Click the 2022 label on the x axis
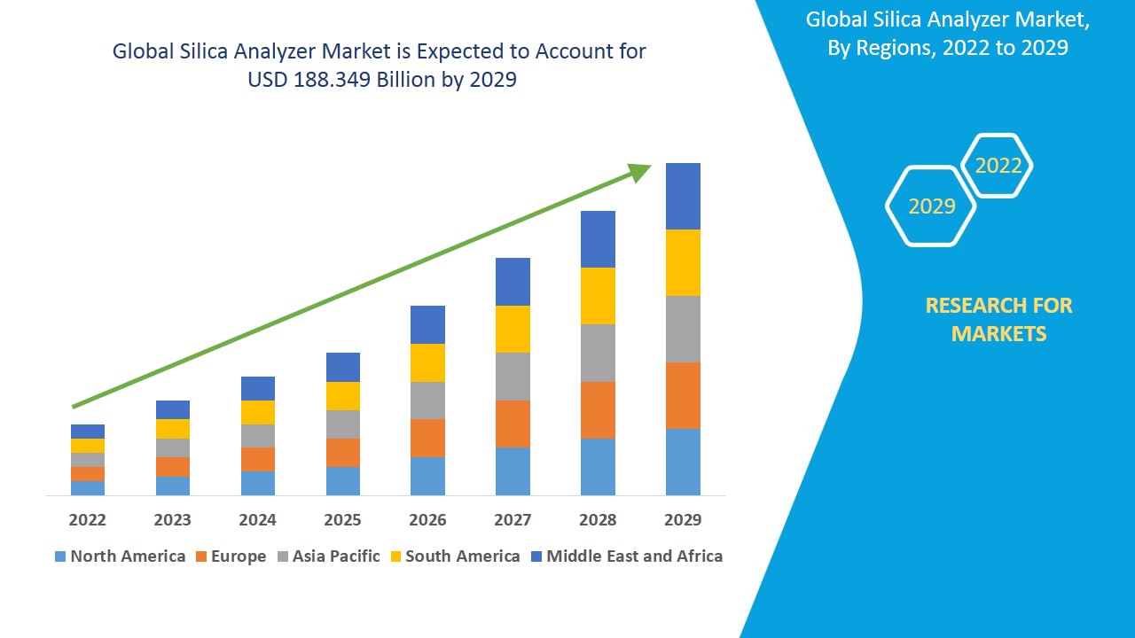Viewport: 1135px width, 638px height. (87, 519)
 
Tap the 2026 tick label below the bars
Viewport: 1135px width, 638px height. (427, 519)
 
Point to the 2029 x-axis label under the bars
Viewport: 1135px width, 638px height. (683, 519)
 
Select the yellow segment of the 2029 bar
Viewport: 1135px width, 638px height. (683, 262)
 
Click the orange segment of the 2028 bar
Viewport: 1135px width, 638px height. (598, 409)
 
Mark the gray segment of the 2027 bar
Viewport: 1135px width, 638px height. (513, 377)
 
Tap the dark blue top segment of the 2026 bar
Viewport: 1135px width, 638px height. (427, 324)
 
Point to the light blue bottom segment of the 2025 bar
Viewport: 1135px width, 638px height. (342, 480)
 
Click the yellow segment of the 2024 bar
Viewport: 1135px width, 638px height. (257, 412)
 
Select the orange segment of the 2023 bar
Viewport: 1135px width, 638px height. (172, 467)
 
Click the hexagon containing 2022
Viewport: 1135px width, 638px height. (998, 166)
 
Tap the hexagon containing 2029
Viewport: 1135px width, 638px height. (931, 206)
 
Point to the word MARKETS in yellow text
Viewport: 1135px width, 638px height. (998, 334)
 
